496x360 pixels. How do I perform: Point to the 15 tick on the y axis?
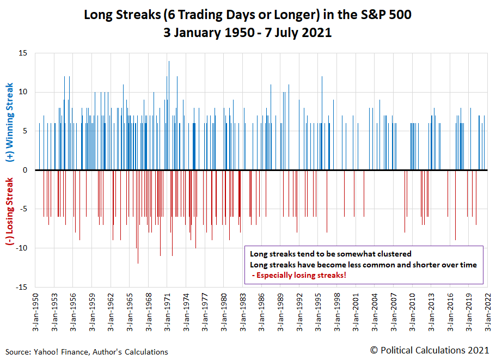point(24,53)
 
